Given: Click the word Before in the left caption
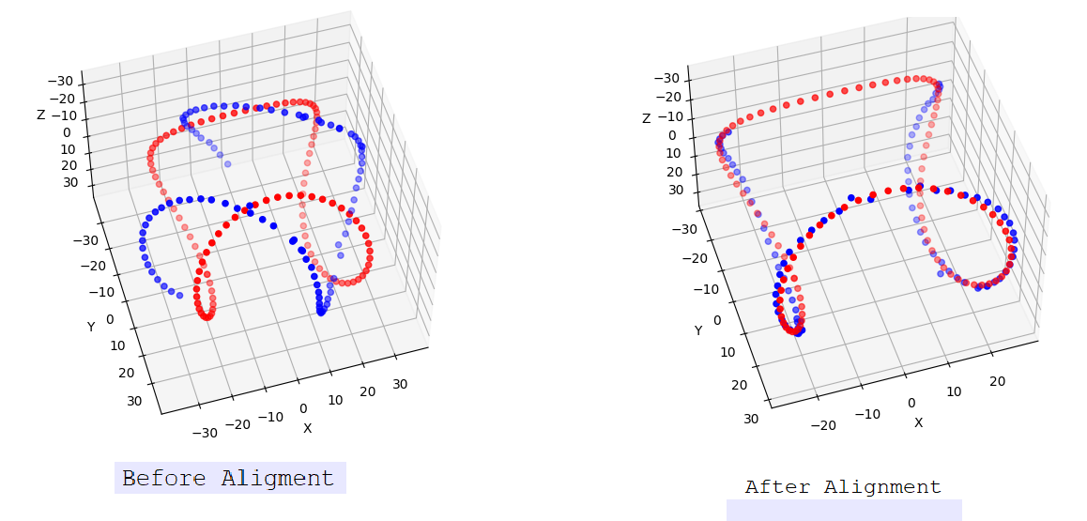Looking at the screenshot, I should click(165, 479).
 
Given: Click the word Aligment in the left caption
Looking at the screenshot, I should click(278, 479).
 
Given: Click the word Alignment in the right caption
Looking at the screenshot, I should click(882, 487).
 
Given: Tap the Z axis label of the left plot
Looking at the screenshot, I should click(40, 115).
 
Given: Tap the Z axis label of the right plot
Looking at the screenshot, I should click(646, 118).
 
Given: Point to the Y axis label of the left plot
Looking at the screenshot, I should click(91, 327).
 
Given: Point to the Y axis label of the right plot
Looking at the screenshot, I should click(698, 330).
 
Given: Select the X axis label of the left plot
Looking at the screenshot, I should click(307, 428).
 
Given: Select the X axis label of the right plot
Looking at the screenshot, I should click(918, 422).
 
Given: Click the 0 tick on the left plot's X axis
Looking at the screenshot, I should click(303, 408).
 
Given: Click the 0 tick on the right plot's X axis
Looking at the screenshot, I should click(911, 403).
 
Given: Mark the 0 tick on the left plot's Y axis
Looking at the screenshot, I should click(110, 319).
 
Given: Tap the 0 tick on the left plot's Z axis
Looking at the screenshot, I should click(68, 132).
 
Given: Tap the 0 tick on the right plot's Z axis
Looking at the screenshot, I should click(672, 136).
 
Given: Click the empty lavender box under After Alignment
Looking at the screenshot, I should click(843, 510).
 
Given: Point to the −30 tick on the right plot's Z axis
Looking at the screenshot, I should click(666, 79).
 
